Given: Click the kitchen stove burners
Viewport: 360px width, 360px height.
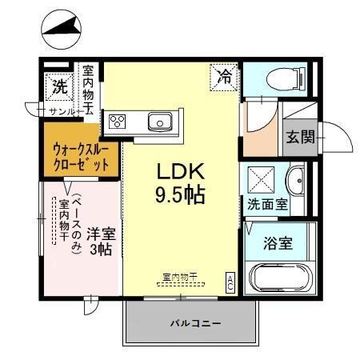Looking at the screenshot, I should pos(118,122).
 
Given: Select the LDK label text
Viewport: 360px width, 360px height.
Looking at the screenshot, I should pos(181,170).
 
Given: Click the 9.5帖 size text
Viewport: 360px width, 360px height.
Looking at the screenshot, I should pos(181,194).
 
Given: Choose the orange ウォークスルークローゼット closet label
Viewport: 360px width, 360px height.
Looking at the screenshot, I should pos(81,158).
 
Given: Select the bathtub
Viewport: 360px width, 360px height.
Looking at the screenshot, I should pos(281,279).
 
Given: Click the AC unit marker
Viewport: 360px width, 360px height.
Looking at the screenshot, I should pos(230,282).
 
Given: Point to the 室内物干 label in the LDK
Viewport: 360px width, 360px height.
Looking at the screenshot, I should pos(180,277).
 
